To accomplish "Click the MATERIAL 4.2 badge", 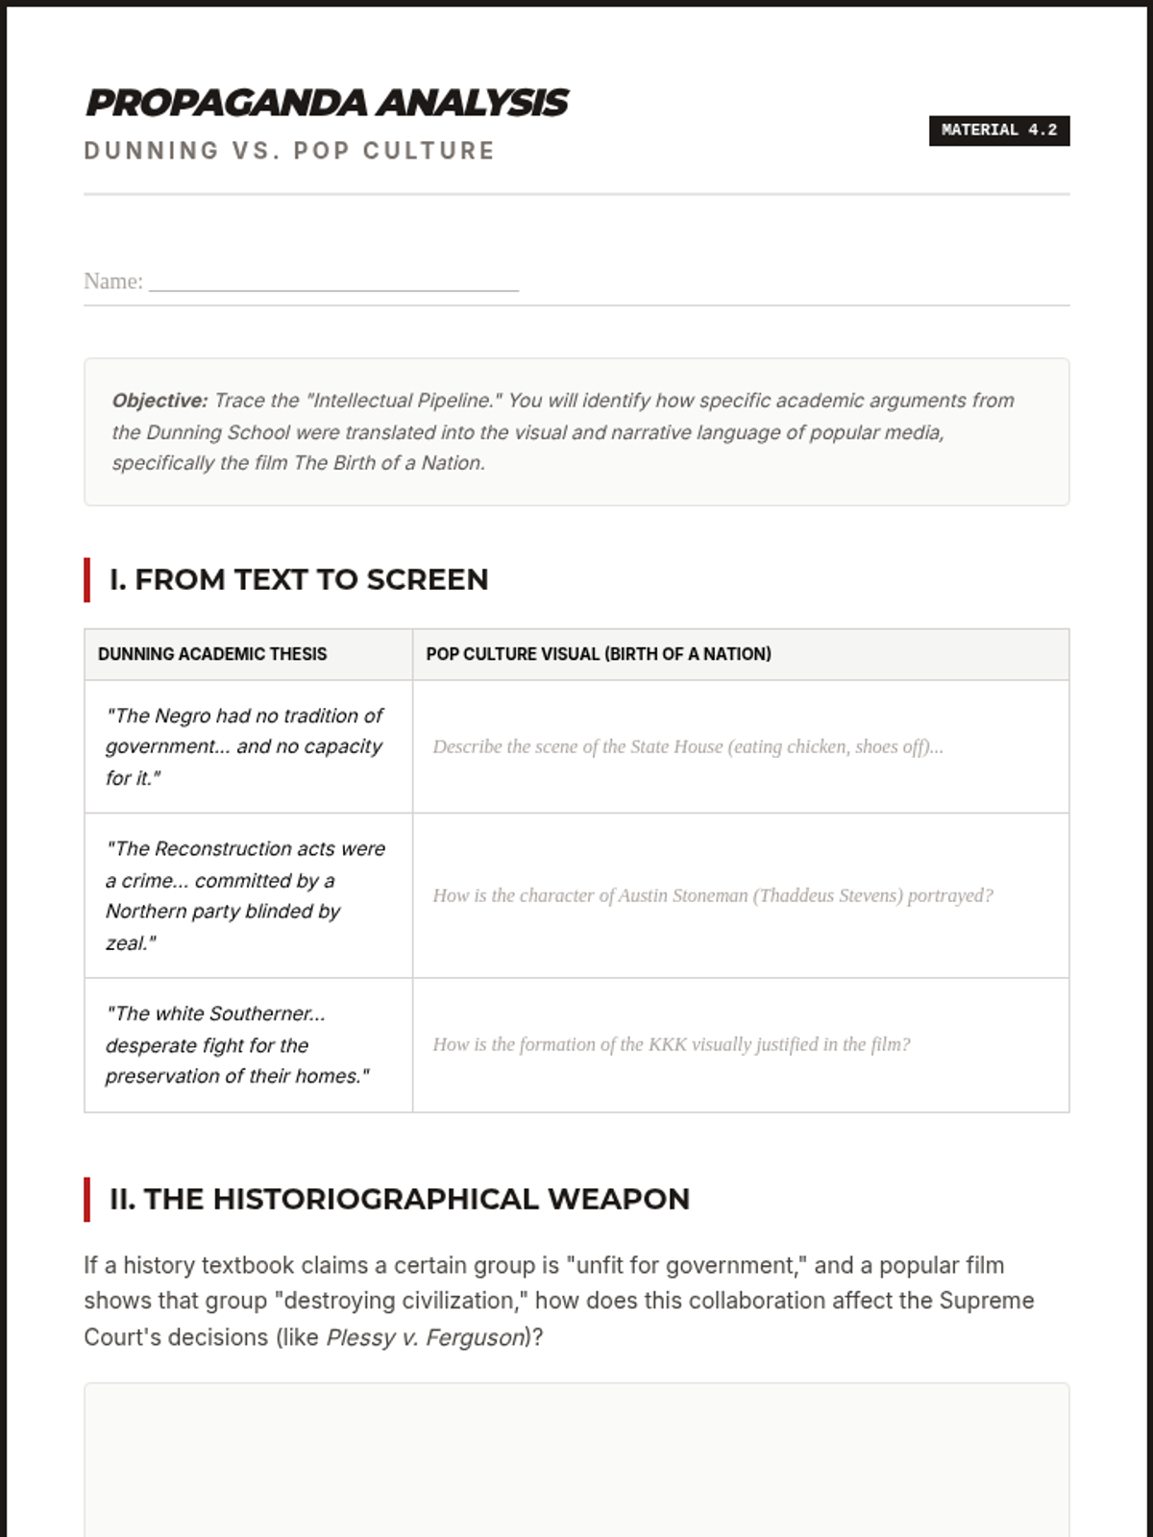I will tap(998, 131).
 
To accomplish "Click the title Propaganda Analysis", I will tap(327, 103).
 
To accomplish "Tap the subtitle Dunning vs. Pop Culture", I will tap(289, 151).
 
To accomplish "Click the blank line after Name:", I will tap(333, 282).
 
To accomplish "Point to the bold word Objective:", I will tap(159, 401).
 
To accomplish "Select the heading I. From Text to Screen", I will tap(299, 579).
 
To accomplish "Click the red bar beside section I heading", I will tap(87, 579).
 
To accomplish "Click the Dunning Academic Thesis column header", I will tap(212, 654).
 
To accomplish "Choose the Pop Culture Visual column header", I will tap(599, 654).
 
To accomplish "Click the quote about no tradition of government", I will tap(244, 746).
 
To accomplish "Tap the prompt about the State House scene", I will tap(687, 746).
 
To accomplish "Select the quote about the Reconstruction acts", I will tap(245, 895).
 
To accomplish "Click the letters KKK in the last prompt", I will tap(668, 1044).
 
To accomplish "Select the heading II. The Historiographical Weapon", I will tap(400, 1199).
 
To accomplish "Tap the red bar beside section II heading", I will tap(87, 1199).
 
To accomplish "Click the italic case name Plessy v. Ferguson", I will tap(426, 1337).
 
